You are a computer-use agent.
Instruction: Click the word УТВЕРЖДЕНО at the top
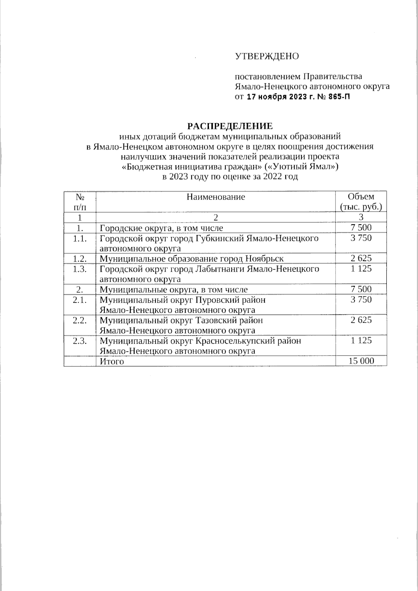[x=267, y=56]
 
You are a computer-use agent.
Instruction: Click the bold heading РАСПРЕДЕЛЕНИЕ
[x=230, y=125]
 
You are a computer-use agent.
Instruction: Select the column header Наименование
[x=216, y=197]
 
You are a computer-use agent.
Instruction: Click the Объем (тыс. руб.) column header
[x=361, y=202]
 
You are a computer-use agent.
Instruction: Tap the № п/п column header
[x=80, y=202]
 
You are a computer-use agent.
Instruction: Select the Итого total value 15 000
[x=361, y=361]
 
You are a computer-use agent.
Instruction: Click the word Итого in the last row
[x=112, y=361]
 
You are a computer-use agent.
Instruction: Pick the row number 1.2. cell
[x=80, y=258]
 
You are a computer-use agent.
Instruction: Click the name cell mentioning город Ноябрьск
[x=192, y=259]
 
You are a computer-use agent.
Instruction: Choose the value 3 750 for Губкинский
[x=361, y=238]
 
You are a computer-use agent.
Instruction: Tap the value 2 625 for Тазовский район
[x=361, y=320]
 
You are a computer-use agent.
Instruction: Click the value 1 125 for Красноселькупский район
[x=361, y=340]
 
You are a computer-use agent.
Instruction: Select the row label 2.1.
[x=80, y=300]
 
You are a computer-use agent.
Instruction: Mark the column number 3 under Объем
[x=361, y=218]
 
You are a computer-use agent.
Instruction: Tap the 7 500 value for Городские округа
[x=361, y=228]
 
